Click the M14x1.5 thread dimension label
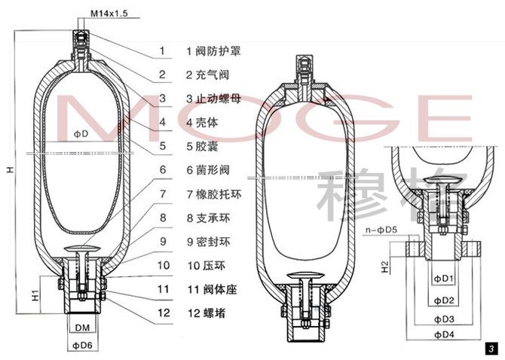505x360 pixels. coord(109,14)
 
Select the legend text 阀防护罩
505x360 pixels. coord(218,50)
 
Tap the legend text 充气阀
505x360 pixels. coord(213,75)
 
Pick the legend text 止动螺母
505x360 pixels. coord(218,99)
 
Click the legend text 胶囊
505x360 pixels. coord(207,146)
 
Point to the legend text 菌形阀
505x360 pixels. coord(213,170)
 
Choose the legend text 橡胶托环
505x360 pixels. coord(218,194)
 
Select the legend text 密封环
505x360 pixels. coord(213,242)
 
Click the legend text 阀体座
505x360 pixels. coord(220,289)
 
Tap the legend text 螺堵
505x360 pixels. coord(214,313)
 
